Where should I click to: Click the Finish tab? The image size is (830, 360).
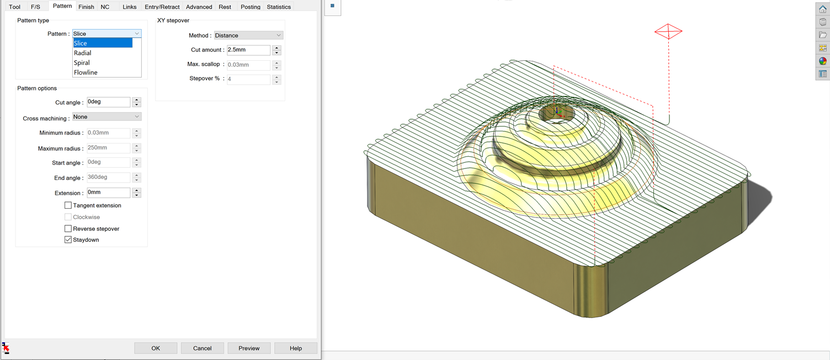tap(86, 7)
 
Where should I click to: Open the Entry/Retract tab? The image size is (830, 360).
tap(162, 7)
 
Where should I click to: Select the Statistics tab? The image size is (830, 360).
tap(279, 7)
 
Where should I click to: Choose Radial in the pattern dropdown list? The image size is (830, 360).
tap(83, 53)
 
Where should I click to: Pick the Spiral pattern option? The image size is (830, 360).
tap(82, 63)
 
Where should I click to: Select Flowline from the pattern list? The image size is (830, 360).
tap(86, 72)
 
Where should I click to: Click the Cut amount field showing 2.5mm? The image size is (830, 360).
tap(248, 50)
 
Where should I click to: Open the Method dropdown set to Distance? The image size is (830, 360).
tap(248, 35)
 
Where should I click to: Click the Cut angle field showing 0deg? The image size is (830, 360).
tap(108, 102)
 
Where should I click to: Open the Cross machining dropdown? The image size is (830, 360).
tap(107, 117)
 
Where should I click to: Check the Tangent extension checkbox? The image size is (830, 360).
tap(68, 205)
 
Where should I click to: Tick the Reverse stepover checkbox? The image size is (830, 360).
tap(68, 229)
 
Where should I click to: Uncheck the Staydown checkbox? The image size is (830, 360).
tap(68, 240)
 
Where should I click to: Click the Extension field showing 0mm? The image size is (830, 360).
tap(108, 193)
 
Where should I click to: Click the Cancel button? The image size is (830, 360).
tap(202, 348)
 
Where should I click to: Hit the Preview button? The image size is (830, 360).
tap(249, 348)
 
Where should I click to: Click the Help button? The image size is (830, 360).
tap(296, 348)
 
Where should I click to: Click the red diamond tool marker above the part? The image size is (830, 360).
tap(668, 31)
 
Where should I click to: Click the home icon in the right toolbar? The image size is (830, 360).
tap(822, 9)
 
